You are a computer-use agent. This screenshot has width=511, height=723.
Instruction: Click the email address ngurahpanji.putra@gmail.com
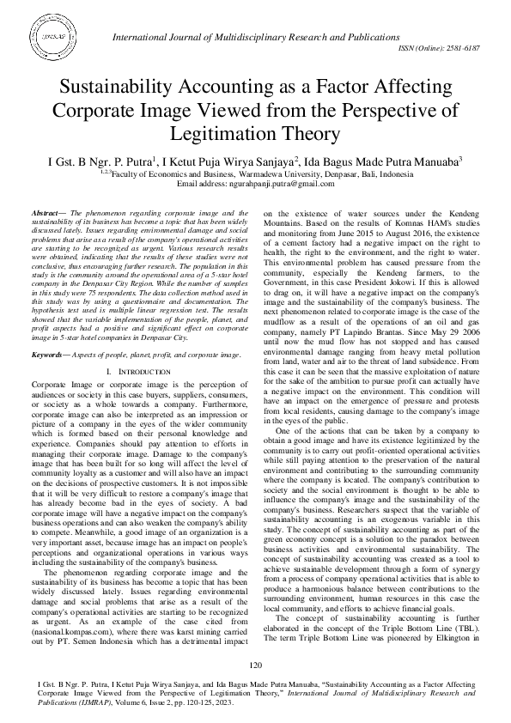coord(280,183)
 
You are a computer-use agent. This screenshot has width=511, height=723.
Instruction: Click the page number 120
coord(255,666)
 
